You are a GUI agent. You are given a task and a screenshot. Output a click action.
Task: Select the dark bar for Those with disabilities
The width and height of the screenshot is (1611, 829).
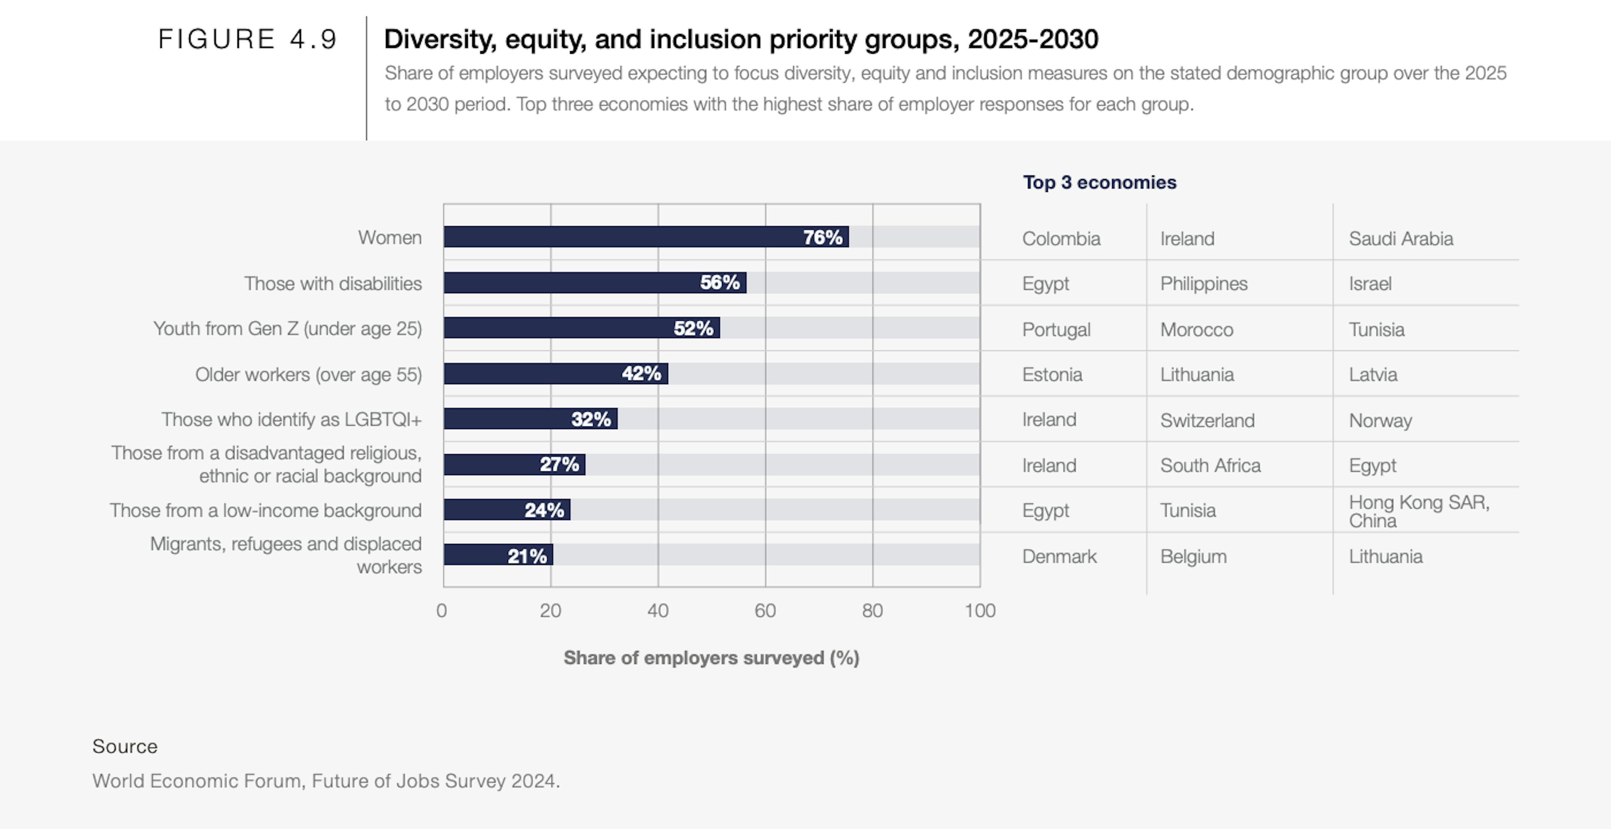pos(594,283)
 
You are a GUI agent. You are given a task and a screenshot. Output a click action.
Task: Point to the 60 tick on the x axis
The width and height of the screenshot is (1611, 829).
pos(765,611)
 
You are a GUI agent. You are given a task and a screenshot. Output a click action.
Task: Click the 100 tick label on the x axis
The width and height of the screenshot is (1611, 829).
pos(979,611)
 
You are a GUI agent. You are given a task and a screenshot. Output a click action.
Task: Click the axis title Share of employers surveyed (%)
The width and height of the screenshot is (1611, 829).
pos(711,658)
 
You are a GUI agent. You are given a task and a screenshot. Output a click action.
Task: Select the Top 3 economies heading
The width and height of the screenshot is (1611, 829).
pos(1100,182)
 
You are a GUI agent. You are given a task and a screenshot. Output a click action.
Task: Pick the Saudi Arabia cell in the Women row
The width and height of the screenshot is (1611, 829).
pos(1400,238)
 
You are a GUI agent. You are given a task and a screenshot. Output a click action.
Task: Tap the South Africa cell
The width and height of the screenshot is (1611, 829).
pos(1210,465)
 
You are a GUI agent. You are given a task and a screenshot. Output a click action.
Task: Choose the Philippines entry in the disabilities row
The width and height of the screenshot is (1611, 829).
pos(1203,283)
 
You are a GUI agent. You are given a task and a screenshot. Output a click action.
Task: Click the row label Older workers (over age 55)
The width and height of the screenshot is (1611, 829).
pos(308,374)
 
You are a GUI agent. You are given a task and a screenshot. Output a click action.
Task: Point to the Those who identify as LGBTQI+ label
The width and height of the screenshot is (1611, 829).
pos(292,419)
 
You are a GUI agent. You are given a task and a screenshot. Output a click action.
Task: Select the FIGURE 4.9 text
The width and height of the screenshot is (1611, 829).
pos(248,39)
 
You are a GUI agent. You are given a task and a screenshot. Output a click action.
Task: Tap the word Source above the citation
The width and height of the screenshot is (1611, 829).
pos(125,746)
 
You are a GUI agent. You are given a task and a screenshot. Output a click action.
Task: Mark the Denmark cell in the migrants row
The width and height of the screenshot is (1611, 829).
pos(1059,556)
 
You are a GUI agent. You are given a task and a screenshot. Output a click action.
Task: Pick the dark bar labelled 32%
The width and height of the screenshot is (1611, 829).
pos(530,418)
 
